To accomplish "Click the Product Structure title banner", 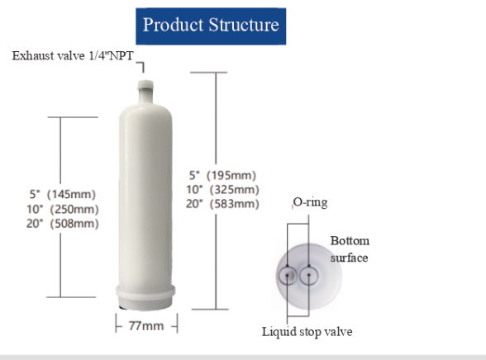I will pos(211,25).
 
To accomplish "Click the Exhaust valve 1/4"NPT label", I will pos(71,55).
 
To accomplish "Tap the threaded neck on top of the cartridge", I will pos(145,86).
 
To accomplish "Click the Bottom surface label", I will pos(350,249).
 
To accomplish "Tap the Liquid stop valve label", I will pos(308,332).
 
